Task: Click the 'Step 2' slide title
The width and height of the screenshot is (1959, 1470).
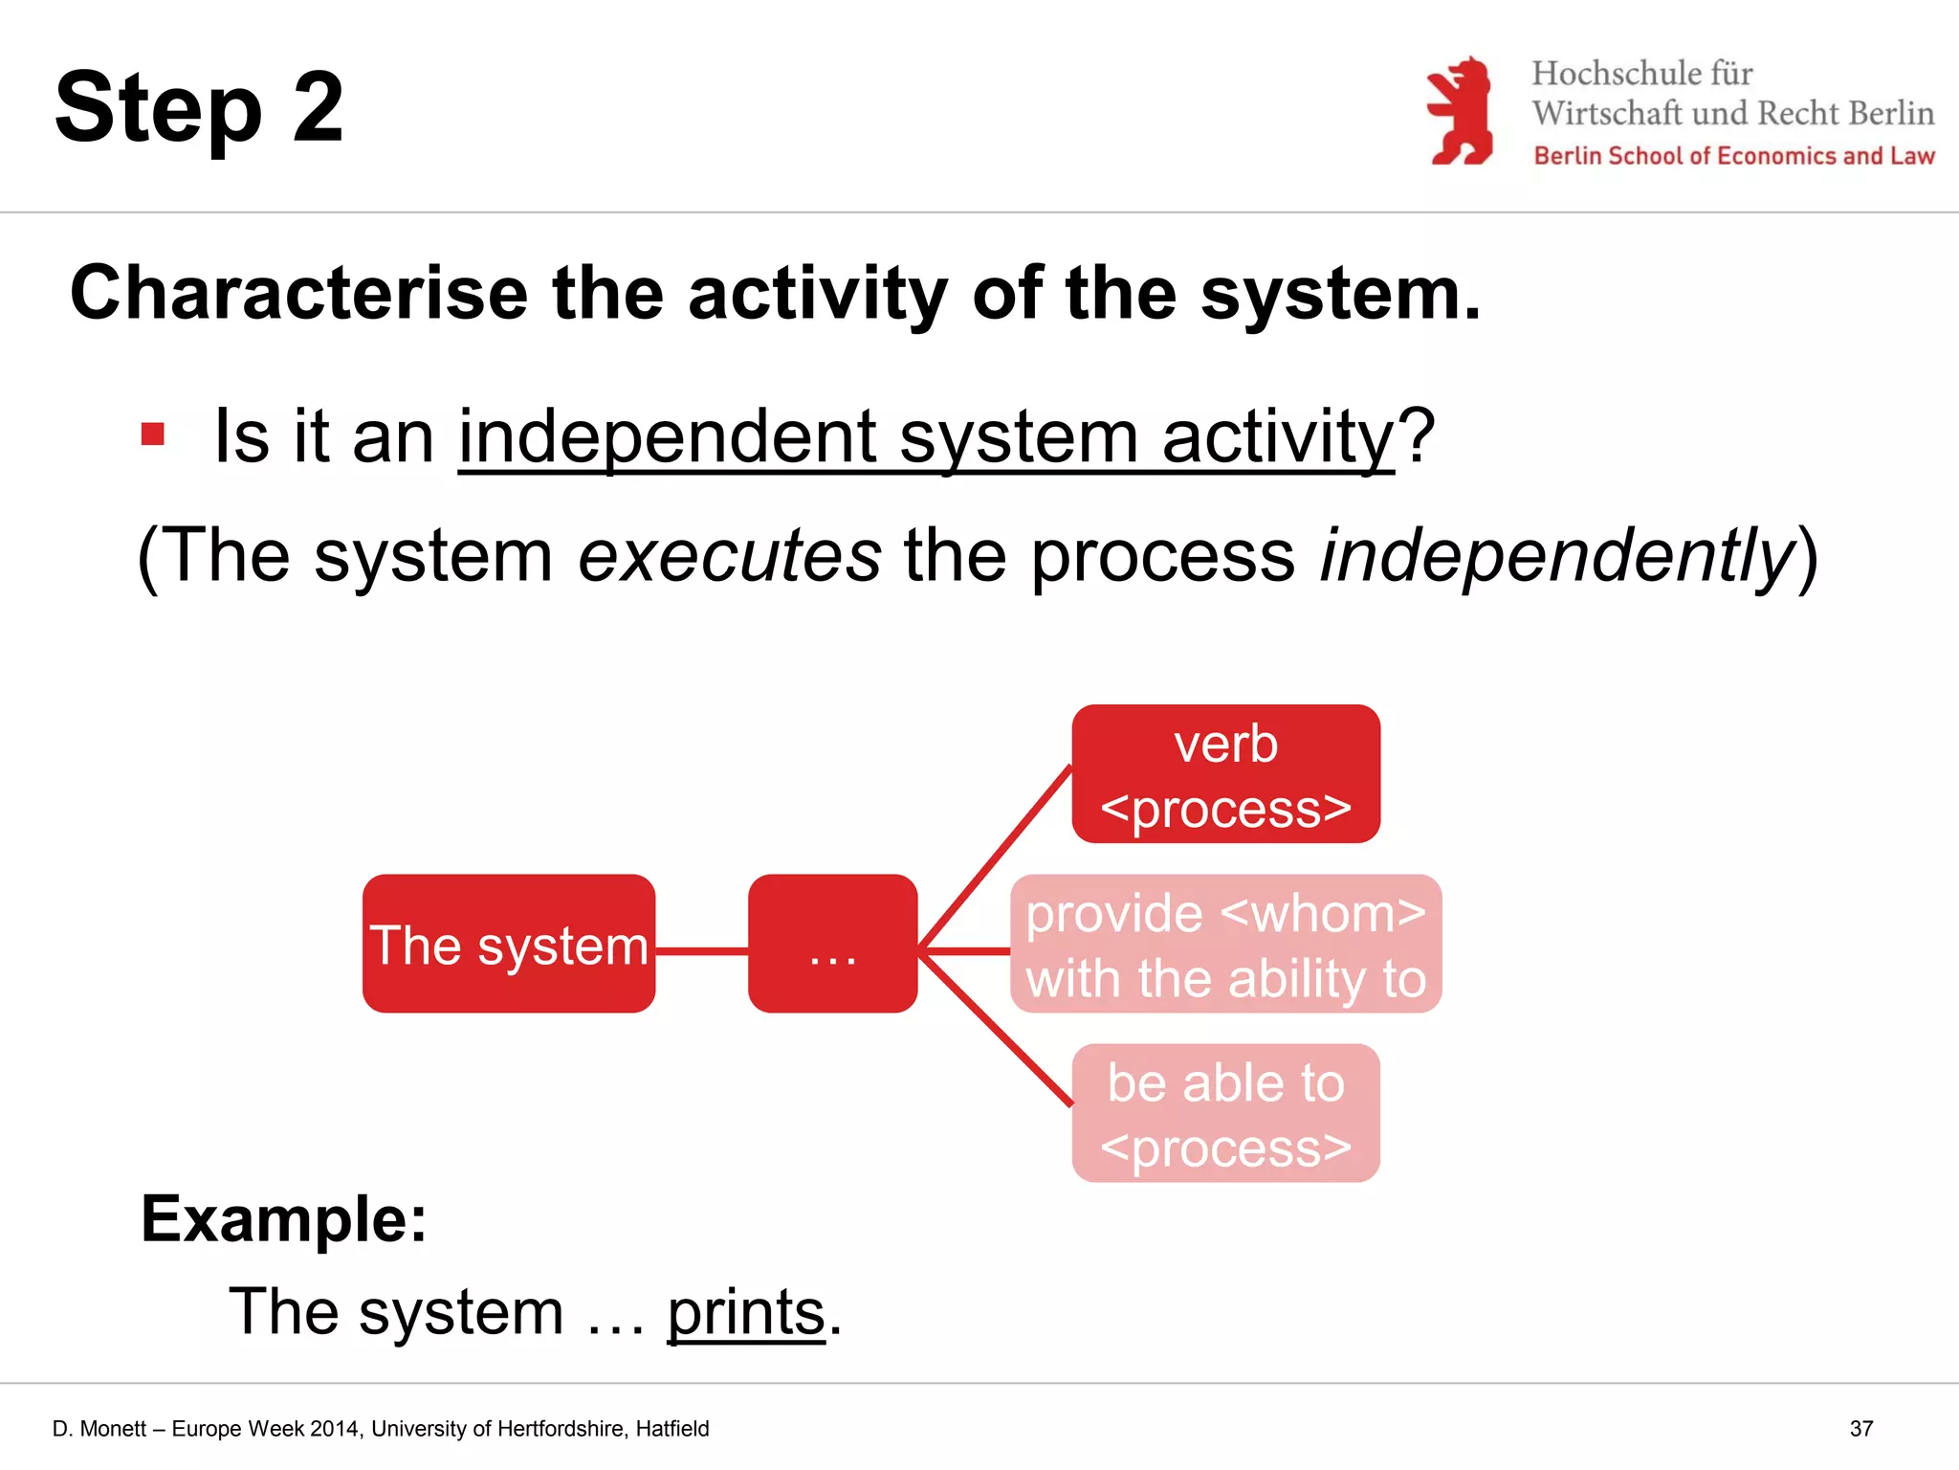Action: point(199,108)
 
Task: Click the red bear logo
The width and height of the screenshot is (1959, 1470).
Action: point(1461,111)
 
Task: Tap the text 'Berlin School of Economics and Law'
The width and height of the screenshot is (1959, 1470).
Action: point(1733,156)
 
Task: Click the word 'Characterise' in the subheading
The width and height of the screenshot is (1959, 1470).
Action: point(298,293)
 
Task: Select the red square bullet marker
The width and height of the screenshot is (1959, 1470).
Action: point(153,434)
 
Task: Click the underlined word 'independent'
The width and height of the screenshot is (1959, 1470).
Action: point(667,437)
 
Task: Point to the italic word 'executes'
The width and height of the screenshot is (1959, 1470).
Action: point(729,555)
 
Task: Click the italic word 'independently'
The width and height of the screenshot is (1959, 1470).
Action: point(1557,555)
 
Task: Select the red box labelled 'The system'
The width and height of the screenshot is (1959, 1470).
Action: point(509,944)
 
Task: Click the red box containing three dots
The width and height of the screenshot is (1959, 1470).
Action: point(832,944)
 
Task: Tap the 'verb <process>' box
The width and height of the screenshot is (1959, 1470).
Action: point(1225,774)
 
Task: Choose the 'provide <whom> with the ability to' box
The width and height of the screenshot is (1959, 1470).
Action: point(1225,944)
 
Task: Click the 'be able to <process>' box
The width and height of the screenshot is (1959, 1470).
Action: point(1225,1113)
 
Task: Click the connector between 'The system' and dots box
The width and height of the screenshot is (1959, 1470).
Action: point(701,950)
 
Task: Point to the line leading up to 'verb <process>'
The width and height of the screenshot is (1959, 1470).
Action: point(995,857)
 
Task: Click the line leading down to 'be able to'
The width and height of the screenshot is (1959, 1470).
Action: point(995,1029)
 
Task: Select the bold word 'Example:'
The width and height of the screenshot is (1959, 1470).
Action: point(284,1219)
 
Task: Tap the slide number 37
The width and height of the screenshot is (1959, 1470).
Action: point(1860,1429)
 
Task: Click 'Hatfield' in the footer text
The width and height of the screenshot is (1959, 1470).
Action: point(672,1429)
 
